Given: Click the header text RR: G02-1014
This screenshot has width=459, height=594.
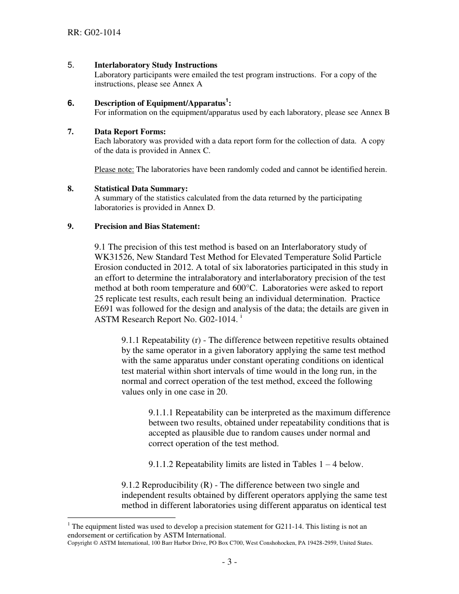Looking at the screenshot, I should (94, 33).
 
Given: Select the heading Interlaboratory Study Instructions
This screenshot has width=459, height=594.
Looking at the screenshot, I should (156, 65).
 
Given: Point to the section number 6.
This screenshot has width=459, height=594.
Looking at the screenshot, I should (71, 103).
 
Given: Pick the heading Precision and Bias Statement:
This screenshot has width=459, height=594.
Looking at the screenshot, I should (147, 226).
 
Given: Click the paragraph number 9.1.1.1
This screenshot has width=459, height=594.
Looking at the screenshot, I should (161, 412).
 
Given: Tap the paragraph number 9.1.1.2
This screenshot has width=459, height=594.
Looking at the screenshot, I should (161, 464).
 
